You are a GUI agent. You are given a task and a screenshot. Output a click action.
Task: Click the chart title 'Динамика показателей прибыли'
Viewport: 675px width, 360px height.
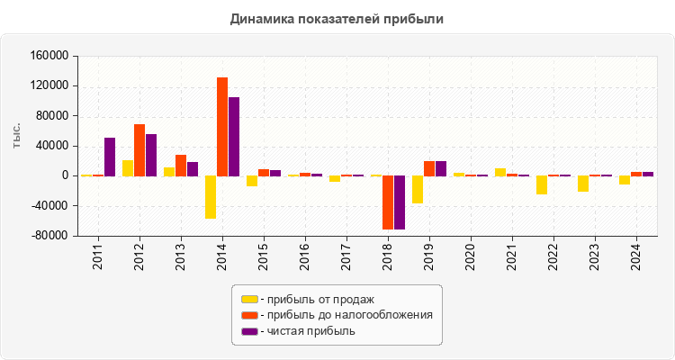point(337,18)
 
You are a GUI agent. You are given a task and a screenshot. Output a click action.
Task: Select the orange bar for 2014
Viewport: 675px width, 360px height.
point(222,126)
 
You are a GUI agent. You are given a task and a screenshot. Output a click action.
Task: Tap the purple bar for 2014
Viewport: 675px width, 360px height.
point(234,136)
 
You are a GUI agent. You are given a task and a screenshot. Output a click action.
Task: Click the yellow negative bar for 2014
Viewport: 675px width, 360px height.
point(211,197)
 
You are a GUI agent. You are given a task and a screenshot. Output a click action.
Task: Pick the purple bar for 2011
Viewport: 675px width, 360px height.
point(110,157)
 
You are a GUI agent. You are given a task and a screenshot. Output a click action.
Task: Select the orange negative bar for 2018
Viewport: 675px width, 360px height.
point(388,202)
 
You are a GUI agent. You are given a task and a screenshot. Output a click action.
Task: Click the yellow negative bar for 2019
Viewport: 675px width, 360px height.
point(418,189)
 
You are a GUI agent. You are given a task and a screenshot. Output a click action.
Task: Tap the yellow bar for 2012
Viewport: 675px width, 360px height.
point(128,167)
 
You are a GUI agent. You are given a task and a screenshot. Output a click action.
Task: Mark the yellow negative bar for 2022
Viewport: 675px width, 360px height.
point(542,184)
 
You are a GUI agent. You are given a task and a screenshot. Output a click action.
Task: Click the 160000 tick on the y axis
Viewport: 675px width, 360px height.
point(50,56)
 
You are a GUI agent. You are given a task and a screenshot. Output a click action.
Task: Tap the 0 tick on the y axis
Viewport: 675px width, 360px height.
point(65,175)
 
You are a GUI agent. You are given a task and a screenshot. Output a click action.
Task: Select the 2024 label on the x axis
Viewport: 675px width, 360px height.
point(635,256)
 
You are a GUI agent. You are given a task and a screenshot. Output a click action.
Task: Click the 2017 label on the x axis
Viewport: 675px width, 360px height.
point(346,256)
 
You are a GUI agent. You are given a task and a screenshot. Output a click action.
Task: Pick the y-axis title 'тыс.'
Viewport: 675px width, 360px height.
point(17,137)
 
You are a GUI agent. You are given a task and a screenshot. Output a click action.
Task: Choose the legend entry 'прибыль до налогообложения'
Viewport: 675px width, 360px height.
point(346,315)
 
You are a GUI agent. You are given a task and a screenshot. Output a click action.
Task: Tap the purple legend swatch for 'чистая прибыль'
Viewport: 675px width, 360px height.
point(249,331)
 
